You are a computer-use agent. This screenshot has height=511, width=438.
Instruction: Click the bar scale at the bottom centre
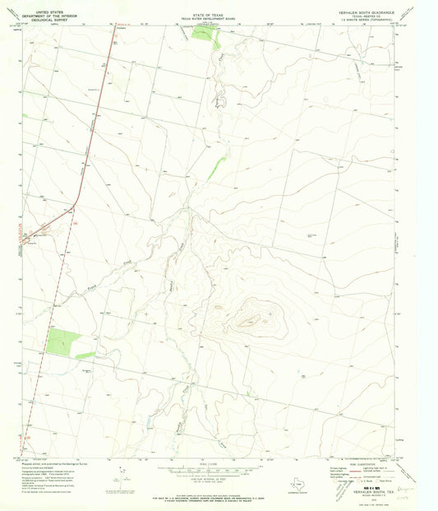pos(205,467)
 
